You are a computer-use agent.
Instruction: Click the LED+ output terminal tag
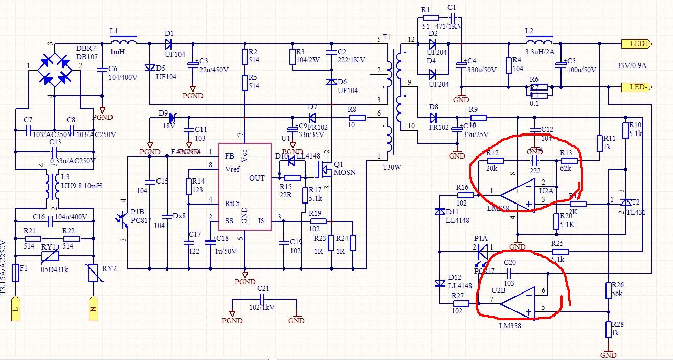click(x=635, y=44)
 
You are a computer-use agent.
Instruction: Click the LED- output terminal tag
click(x=635, y=87)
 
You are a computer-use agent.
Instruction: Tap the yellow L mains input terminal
click(x=16, y=309)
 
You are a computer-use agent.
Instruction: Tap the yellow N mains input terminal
click(x=94, y=309)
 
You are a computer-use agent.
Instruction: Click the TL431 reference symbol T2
click(x=623, y=204)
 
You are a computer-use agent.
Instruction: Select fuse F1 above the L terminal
click(x=16, y=273)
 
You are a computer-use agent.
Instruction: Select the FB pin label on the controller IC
click(x=230, y=156)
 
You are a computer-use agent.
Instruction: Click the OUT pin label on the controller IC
click(x=257, y=178)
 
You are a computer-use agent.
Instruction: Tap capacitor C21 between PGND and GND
click(x=263, y=300)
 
